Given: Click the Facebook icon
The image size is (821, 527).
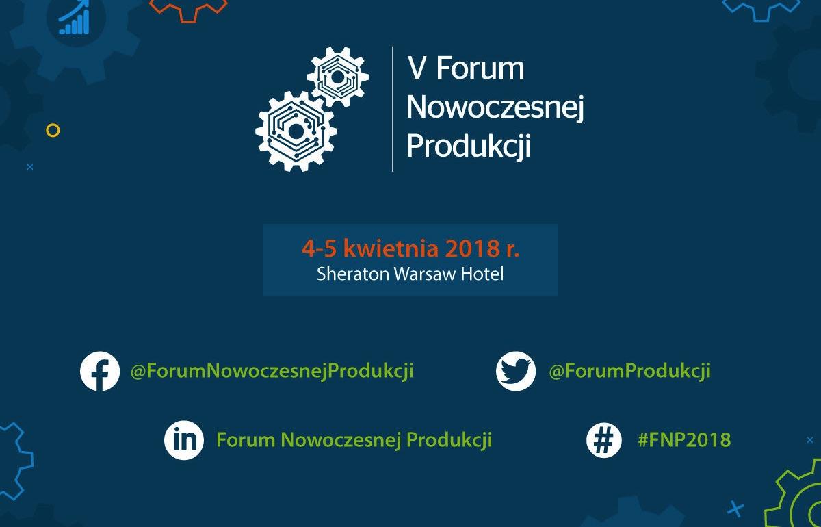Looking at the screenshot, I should (x=100, y=372).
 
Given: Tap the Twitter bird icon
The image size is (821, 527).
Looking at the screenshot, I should (x=516, y=372).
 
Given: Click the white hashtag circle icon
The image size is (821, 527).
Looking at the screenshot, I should (x=604, y=439).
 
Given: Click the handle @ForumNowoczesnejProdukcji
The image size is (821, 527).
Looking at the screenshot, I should (x=272, y=371).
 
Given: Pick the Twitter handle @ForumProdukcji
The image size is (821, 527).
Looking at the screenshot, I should (x=629, y=371).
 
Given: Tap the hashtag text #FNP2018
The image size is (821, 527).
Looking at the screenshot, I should (x=683, y=439).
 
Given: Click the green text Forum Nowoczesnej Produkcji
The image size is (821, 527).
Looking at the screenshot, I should (x=354, y=439).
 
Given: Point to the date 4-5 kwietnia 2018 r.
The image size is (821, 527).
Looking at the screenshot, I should (x=410, y=248).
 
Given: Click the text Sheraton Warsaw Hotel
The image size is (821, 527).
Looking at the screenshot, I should (x=410, y=274).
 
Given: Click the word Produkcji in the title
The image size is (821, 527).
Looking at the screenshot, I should (x=469, y=146).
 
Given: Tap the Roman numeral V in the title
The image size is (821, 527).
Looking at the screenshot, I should (x=417, y=69).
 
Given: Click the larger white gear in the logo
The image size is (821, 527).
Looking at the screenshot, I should (x=296, y=130).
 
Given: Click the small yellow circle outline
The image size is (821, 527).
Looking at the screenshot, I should (x=53, y=129).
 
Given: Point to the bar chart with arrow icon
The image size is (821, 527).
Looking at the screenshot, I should (x=75, y=18).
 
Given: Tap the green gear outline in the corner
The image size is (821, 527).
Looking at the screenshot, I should (x=797, y=496).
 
